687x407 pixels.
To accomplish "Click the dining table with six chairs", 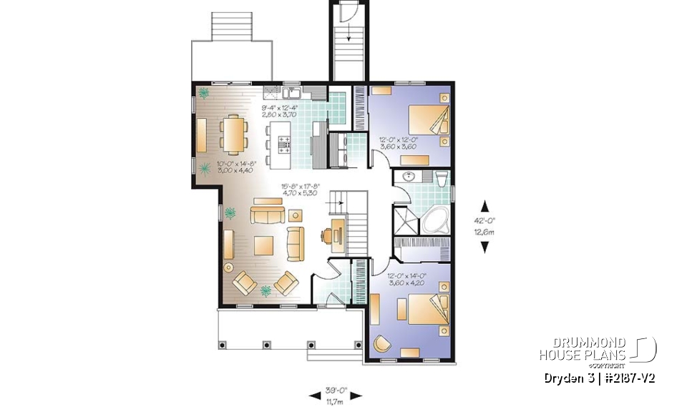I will (234, 134).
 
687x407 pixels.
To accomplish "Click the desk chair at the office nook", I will (326, 235).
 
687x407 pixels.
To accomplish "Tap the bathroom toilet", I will (442, 177).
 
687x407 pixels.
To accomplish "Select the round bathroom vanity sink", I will (409, 177).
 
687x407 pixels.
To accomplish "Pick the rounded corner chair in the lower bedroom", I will (381, 345).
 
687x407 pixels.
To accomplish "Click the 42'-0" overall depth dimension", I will (484, 225).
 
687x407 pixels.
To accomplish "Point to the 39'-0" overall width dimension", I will (336, 394).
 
